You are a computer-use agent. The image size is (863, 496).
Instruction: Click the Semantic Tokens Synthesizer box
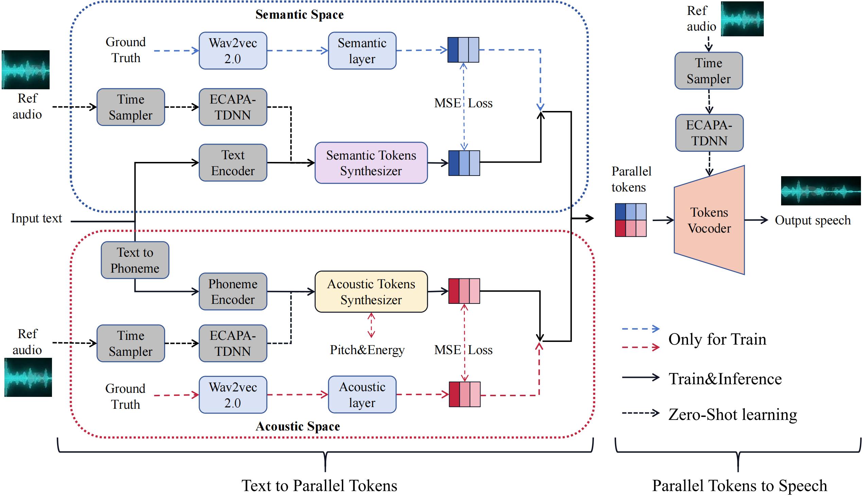click(x=371, y=163)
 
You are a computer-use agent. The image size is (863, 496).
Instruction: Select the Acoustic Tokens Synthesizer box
click(x=371, y=292)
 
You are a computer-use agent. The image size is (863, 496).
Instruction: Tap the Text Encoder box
click(x=233, y=163)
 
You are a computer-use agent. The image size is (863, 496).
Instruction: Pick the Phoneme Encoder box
click(x=233, y=292)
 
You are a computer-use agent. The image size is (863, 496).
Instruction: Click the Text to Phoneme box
click(x=135, y=260)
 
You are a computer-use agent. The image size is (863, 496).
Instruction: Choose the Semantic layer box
click(x=362, y=51)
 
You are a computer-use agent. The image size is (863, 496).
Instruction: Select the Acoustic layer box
click(x=362, y=394)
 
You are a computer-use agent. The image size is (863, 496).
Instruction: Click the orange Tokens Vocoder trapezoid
click(x=709, y=220)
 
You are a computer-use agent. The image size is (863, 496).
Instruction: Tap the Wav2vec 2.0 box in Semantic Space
click(x=233, y=51)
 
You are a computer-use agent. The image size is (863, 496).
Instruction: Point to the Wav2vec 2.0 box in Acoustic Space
click(x=233, y=395)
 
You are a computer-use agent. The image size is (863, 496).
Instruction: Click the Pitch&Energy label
click(x=367, y=350)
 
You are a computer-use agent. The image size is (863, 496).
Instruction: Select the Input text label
click(x=36, y=218)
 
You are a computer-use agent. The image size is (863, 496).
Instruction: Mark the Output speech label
click(x=812, y=220)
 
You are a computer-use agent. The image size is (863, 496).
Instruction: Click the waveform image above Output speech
click(x=821, y=191)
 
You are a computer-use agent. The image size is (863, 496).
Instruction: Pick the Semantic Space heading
click(x=299, y=15)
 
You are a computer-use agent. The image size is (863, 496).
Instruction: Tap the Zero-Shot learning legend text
click(x=733, y=415)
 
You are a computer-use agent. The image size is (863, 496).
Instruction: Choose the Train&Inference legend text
click(x=725, y=379)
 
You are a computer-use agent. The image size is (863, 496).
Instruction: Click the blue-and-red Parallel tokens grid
click(x=630, y=220)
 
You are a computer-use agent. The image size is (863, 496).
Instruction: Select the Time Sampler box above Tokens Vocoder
click(x=708, y=71)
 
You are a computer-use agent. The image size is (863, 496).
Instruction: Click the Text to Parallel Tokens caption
click(x=319, y=485)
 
